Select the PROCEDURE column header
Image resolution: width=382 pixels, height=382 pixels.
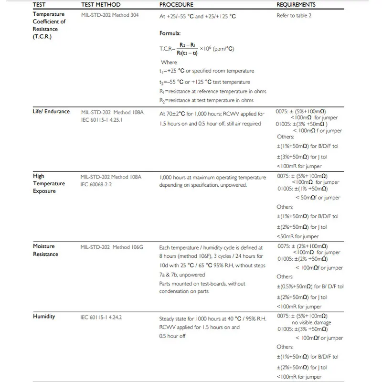point(176,5)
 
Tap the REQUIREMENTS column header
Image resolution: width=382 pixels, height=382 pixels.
point(296,5)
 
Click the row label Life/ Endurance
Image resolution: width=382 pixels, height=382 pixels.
point(51,112)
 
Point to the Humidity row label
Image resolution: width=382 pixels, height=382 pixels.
point(44,317)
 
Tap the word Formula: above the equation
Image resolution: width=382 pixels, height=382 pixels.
point(170,33)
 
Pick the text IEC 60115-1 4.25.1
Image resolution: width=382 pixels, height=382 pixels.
point(102,120)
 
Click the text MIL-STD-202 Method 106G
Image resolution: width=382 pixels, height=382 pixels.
point(112,247)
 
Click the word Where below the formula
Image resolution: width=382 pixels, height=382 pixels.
point(169,63)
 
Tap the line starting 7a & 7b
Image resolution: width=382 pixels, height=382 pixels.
point(182,275)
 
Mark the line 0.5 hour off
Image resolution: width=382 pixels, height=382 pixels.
point(172,336)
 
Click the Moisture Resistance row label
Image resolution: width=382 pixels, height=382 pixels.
point(45,250)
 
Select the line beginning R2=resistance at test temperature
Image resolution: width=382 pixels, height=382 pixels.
point(206,100)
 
